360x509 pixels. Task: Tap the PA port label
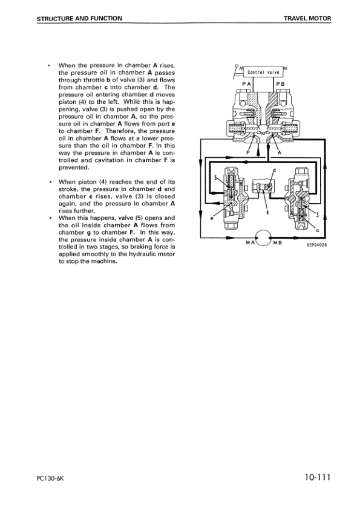pos(246,83)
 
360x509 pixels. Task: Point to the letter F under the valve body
pos(248,152)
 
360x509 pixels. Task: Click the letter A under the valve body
pos(279,152)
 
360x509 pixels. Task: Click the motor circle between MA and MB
pos(264,237)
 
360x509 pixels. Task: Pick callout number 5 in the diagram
pos(216,177)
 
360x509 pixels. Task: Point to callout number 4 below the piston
pos(267,212)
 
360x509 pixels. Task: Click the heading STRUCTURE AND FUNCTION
pos(79,19)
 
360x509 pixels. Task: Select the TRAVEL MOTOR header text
pos(307,19)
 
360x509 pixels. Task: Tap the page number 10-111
pos(313,478)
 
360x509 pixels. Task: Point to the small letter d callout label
pos(273,170)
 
